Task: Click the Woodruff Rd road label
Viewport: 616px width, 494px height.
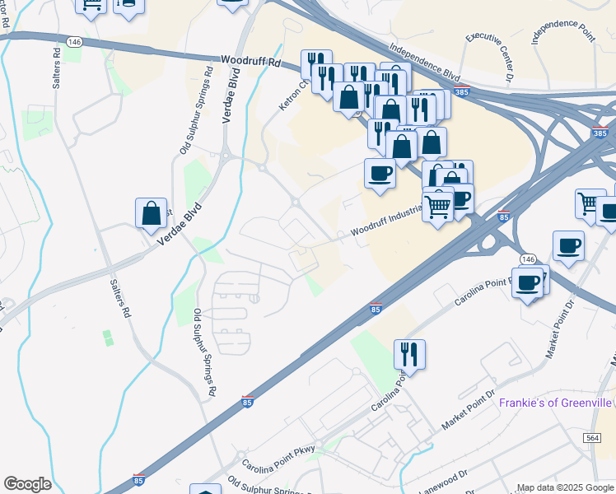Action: click(252, 62)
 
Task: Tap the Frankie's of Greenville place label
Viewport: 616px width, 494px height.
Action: click(556, 403)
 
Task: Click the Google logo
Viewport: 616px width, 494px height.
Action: click(27, 484)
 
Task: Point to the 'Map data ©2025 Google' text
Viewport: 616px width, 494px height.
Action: click(565, 487)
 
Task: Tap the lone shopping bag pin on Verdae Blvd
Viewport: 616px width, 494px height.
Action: click(152, 214)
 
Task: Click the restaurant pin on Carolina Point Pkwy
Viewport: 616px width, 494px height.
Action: click(409, 355)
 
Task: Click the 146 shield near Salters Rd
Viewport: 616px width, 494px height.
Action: click(74, 41)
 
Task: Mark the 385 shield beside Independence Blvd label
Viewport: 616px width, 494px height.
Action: click(463, 92)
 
